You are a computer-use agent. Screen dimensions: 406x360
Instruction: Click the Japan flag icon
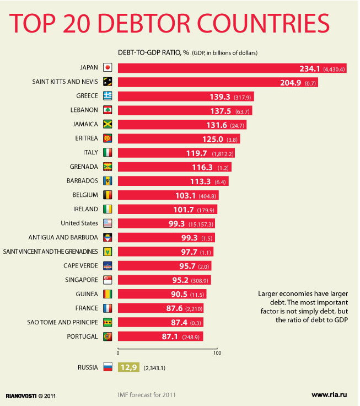tap(108, 68)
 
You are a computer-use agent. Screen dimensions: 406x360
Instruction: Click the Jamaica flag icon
tap(108, 124)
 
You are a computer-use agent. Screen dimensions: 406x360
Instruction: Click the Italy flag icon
tap(108, 152)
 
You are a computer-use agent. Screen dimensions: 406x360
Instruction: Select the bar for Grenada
tap(174, 167)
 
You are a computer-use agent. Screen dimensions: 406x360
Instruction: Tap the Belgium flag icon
tap(108, 195)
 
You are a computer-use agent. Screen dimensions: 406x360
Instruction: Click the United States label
tap(79, 223)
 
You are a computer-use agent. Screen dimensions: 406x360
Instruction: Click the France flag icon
tap(108, 308)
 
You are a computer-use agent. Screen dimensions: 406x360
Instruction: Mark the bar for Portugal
tap(160, 336)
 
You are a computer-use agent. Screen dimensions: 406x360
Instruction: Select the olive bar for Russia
tap(128, 367)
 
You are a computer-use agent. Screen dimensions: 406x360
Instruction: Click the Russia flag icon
tap(108, 367)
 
